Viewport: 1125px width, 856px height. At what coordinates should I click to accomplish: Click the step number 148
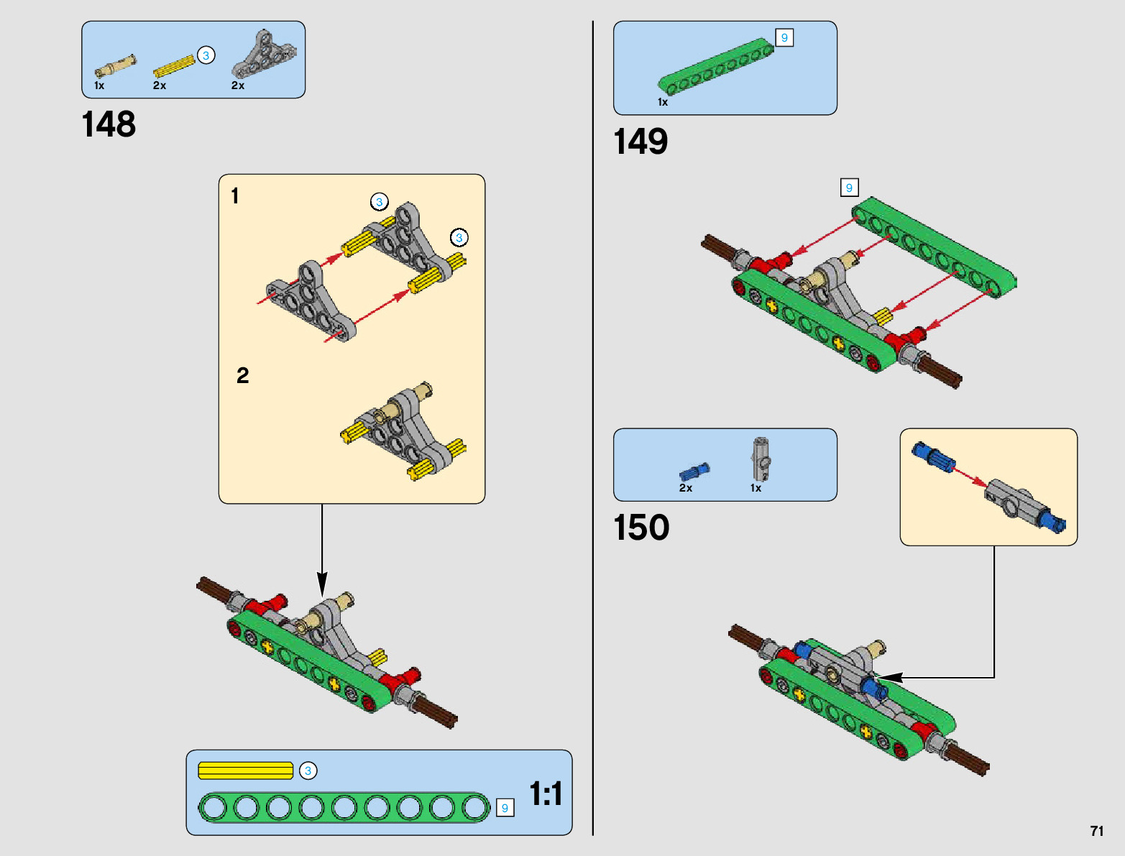[109, 124]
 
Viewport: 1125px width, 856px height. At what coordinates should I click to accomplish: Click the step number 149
[640, 142]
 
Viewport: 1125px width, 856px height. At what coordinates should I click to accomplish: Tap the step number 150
[641, 527]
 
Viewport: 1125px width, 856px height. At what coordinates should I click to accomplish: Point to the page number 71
[1097, 831]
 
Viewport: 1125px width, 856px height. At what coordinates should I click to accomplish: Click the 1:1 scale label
[546, 794]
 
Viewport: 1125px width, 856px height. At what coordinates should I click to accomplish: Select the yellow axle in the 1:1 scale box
[246, 770]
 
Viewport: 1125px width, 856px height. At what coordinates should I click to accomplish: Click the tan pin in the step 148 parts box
[116, 66]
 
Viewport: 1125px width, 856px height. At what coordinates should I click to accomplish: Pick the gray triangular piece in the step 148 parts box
[264, 54]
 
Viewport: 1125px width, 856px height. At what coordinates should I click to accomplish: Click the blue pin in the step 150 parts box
[694, 471]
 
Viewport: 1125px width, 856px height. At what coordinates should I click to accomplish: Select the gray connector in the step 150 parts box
[761, 459]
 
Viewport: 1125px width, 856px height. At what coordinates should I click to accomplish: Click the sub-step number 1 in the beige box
[235, 195]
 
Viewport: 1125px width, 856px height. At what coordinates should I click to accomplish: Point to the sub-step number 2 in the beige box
[242, 375]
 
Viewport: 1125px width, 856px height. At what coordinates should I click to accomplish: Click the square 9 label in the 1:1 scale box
[505, 808]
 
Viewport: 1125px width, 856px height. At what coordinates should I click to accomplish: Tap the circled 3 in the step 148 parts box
[206, 55]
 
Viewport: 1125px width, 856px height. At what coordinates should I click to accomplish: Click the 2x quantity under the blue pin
[686, 488]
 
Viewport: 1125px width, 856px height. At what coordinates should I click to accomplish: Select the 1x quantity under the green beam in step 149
[663, 103]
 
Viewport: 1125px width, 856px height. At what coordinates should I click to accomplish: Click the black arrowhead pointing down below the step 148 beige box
[322, 584]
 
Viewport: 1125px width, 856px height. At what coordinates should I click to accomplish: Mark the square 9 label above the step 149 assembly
[849, 188]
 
